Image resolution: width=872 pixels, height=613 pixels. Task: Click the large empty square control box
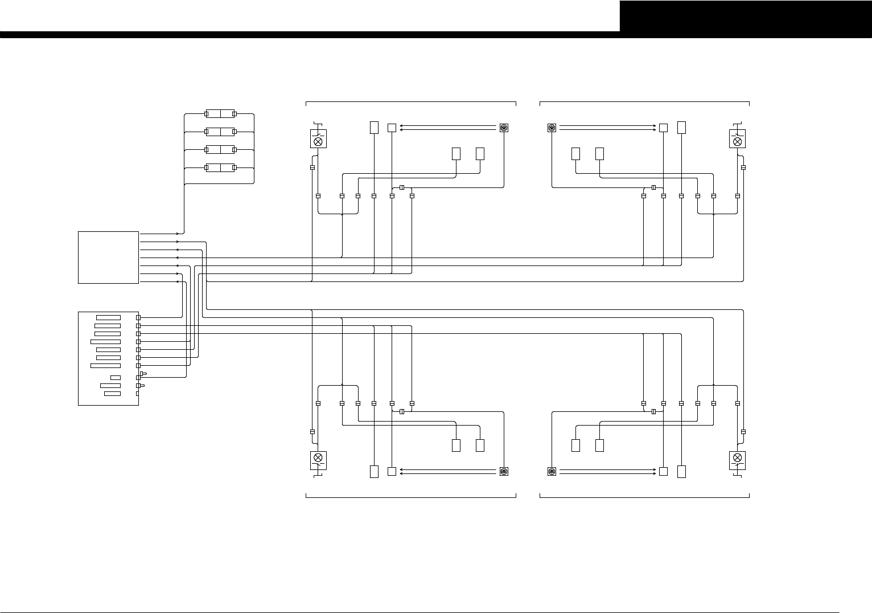[108, 257]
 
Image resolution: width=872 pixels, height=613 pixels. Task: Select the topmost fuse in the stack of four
[220, 114]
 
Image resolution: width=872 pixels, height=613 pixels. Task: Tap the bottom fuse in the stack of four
[220, 168]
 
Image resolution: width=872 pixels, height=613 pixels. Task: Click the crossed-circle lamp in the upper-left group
[318, 141]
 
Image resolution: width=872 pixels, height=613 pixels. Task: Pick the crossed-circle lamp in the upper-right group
[738, 141]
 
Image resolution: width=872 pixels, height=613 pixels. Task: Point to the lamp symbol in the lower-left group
[318, 457]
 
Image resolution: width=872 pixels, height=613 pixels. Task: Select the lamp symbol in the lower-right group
[738, 457]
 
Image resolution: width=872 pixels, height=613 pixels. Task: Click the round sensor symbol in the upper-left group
[504, 128]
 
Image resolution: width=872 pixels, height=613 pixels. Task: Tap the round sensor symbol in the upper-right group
[552, 128]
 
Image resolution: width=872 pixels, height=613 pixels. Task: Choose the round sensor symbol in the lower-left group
[504, 471]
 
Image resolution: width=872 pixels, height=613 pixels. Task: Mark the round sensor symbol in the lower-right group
[552, 471]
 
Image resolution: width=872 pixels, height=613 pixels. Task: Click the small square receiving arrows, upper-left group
[392, 128]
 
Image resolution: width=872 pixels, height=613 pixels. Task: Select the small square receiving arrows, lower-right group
[663, 471]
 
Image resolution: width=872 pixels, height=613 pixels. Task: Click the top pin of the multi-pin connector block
[138, 317]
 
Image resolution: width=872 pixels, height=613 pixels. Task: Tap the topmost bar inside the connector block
[108, 317]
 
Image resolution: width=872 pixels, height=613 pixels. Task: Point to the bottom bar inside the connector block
[112, 394]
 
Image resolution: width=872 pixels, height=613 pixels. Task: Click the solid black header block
[746, 16]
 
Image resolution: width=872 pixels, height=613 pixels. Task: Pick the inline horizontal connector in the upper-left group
[402, 187]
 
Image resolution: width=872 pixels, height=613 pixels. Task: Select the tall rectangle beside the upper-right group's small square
[681, 127]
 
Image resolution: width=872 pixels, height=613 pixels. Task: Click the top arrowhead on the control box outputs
[178, 234]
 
